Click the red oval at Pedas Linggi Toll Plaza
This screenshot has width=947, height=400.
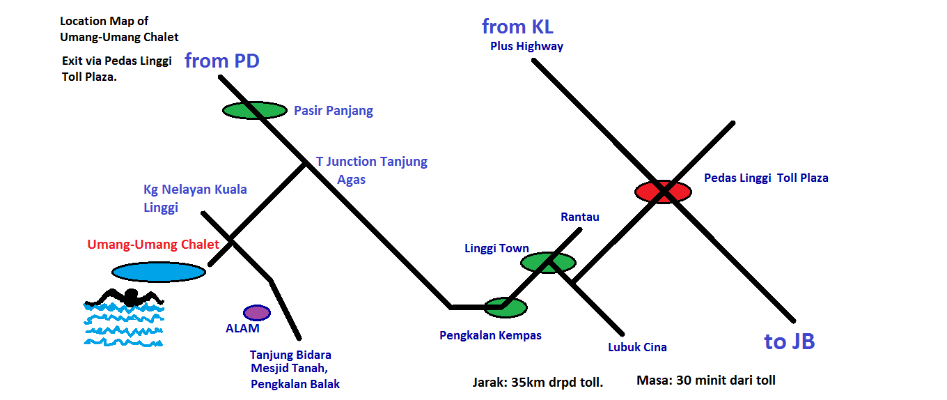click(x=662, y=191)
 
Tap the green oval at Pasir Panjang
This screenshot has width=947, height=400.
click(x=254, y=110)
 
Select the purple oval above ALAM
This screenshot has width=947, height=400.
click(x=256, y=313)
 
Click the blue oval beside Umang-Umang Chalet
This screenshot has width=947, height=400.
click(x=159, y=272)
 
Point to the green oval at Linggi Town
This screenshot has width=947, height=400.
click(x=549, y=262)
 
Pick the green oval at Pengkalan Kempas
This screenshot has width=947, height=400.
click(x=506, y=306)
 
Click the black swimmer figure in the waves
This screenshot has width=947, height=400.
click(x=125, y=297)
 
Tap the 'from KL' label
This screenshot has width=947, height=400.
click(x=517, y=27)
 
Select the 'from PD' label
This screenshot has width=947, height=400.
click(x=221, y=61)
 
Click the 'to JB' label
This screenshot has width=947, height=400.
click(x=789, y=341)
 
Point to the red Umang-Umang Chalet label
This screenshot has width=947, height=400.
click(x=153, y=245)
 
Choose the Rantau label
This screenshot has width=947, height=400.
click(x=579, y=217)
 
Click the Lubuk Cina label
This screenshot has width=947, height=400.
click(x=636, y=347)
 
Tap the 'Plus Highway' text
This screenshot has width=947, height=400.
click(x=526, y=47)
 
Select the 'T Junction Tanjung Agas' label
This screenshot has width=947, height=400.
click(x=371, y=170)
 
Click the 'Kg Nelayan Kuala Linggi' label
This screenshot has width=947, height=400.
click(x=195, y=198)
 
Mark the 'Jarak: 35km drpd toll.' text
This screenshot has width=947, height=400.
click(x=538, y=382)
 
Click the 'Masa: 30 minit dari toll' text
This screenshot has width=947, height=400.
click(x=705, y=380)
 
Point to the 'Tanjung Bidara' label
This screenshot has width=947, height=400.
click(x=290, y=355)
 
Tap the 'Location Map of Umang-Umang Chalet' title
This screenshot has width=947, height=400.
click(x=119, y=29)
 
